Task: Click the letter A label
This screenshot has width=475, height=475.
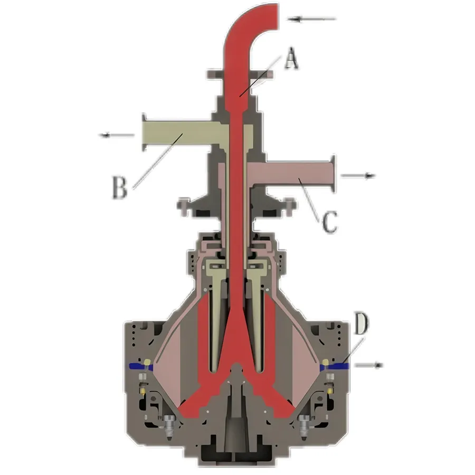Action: (x=291, y=58)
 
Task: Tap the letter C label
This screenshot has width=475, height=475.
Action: (x=329, y=222)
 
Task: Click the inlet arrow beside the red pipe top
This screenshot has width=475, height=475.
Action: (x=312, y=19)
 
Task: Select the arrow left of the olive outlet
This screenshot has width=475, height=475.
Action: (x=117, y=135)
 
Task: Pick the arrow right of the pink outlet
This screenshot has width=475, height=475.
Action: (x=358, y=175)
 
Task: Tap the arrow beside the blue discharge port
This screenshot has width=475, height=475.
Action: (x=369, y=365)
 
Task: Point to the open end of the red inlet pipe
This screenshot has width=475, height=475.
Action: (x=278, y=17)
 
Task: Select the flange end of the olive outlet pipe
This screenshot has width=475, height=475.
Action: (x=144, y=132)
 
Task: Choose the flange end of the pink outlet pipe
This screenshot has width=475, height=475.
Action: (x=333, y=174)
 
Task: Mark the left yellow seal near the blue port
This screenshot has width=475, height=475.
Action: (x=147, y=362)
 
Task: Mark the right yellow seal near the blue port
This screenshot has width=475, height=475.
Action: (x=326, y=362)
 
